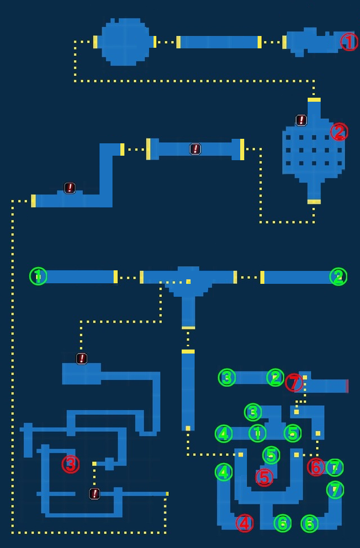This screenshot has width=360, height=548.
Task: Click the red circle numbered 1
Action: [349, 42]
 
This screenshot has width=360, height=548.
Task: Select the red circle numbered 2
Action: [339, 132]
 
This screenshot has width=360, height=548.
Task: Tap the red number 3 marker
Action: [71, 464]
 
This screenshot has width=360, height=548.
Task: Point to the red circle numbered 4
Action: [245, 523]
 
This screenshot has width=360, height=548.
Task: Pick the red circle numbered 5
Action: [264, 477]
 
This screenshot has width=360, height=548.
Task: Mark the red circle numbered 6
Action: [316, 467]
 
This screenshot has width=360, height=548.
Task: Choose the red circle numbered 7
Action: [294, 382]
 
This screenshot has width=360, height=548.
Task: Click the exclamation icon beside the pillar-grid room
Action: [301, 120]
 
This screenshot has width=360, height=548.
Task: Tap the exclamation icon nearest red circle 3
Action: [94, 494]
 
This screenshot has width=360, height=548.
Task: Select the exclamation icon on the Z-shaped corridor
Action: [70, 188]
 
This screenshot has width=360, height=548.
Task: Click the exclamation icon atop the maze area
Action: [82, 358]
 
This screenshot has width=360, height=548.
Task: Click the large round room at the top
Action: [125, 42]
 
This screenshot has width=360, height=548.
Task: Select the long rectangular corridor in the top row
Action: [219, 42]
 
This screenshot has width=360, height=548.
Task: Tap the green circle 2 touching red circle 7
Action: [275, 378]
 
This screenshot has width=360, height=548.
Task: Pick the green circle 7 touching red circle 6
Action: [335, 468]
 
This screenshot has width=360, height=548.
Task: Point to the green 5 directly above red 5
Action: [271, 455]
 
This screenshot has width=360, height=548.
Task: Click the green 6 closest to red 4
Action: [282, 523]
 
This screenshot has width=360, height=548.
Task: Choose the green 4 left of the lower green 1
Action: [223, 434]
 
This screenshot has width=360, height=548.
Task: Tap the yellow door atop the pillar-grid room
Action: [314, 99]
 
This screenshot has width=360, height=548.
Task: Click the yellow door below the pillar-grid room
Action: [314, 202]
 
